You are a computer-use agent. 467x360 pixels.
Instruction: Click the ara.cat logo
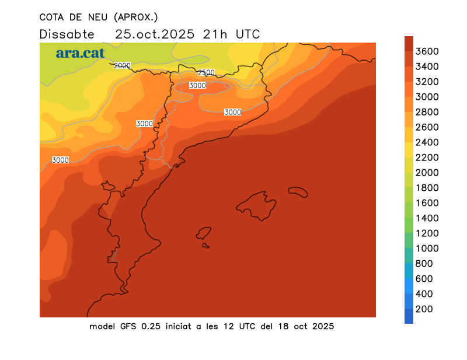pos(80,53)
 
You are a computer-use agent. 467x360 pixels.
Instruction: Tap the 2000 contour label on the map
pos(122,65)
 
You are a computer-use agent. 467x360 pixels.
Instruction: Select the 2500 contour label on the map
pos(206,72)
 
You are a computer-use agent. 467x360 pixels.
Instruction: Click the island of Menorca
pos(298,191)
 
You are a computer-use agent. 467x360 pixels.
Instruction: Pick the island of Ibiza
pos(204,233)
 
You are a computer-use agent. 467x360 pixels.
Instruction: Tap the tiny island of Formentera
pos(205,245)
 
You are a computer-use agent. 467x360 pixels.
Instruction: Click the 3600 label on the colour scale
pos(427,51)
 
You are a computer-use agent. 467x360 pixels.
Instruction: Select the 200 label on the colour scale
pos(424,309)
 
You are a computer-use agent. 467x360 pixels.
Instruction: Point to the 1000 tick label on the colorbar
pos(427,249)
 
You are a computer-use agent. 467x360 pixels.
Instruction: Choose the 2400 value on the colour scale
pos(427,142)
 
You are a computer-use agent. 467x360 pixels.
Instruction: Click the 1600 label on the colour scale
pos(427,203)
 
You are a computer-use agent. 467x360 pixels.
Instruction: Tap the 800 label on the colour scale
pos(424,264)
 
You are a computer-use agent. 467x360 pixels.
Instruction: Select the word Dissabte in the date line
pos(62,34)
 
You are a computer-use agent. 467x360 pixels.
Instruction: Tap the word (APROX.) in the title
pos(136,17)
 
